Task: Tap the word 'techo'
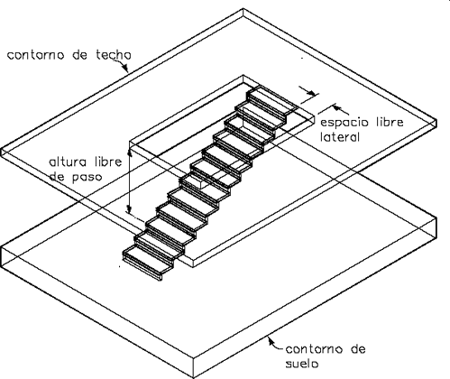(x=114, y=55)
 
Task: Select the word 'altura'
(x=68, y=162)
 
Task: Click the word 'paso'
(x=87, y=178)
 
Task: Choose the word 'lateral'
(x=340, y=137)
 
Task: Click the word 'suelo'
(x=301, y=364)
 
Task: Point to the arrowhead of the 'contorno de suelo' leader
(x=271, y=340)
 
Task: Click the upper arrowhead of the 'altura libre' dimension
(x=130, y=153)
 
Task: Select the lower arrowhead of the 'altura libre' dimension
(x=129, y=208)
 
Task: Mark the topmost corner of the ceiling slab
(x=243, y=9)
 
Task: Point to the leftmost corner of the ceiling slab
(x=2, y=150)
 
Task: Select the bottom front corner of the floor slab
(x=194, y=378)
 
